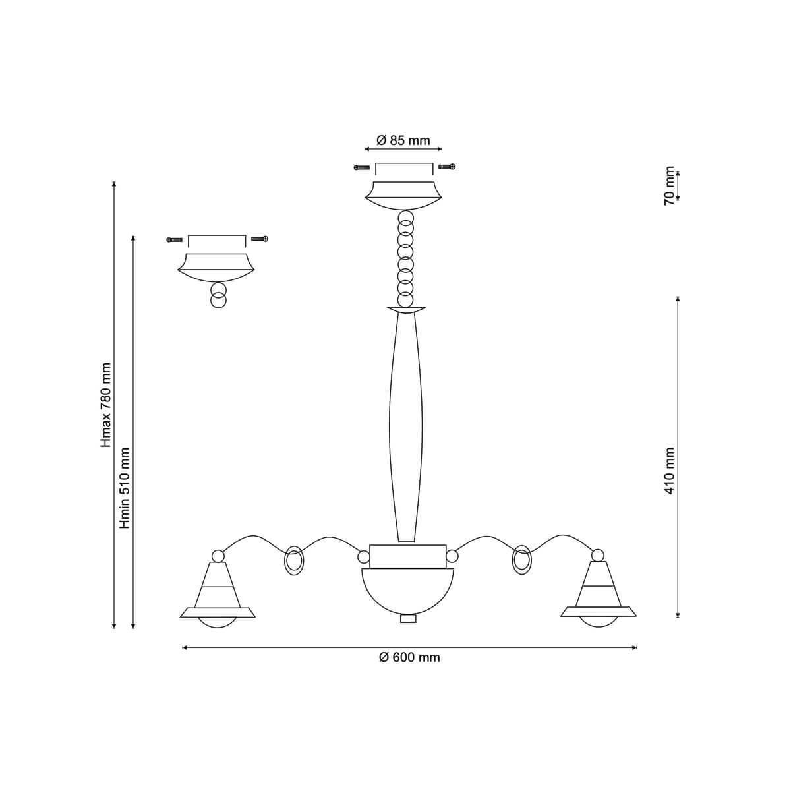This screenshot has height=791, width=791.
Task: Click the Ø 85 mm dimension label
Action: (x=403, y=141)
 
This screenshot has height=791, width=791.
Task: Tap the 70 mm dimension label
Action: (x=669, y=185)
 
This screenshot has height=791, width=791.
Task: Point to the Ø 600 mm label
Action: (x=409, y=658)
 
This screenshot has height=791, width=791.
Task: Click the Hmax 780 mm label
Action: (x=106, y=405)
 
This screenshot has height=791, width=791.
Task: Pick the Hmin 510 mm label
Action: (x=125, y=488)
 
